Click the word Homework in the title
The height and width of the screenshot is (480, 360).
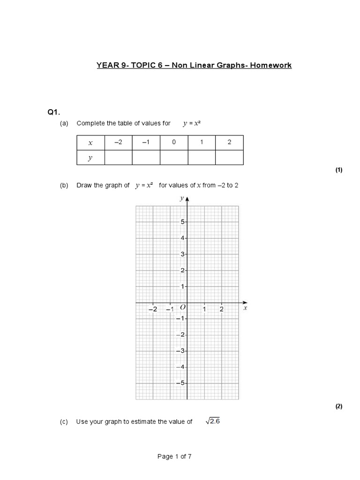270,65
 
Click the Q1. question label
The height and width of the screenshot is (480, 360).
54,112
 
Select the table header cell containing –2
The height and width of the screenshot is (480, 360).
118,142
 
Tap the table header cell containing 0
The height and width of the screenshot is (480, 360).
174,142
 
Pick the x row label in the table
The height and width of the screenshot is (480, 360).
90,142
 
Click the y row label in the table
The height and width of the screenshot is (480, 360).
90,158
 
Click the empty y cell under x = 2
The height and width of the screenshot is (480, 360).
229,158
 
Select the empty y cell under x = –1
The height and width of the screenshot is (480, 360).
146,158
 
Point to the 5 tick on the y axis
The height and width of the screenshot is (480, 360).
182,222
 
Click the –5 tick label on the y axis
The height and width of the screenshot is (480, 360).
180,383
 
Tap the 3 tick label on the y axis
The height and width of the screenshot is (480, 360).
182,254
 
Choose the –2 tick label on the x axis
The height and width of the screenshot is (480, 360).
153,309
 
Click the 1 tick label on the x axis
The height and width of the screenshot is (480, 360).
204,309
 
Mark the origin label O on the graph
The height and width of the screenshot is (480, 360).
182,307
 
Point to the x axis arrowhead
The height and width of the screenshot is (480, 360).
245,302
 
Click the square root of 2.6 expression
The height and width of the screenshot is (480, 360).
212,421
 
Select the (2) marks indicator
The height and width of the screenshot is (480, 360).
338,406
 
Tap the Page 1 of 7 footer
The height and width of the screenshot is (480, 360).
174,457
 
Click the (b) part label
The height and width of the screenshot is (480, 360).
64,185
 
